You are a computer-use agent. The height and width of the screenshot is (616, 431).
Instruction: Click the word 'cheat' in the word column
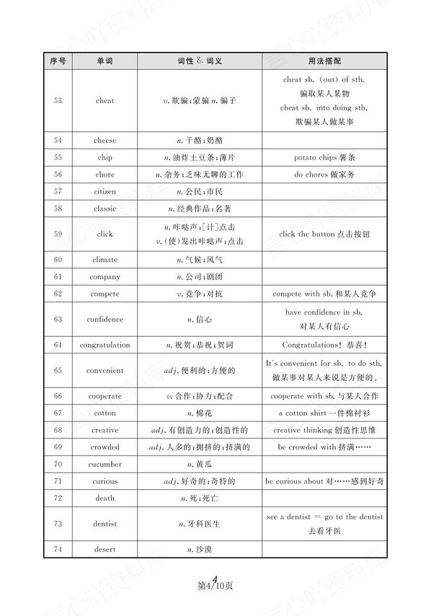click(x=105, y=101)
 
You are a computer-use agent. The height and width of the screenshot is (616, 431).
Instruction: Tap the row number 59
click(x=58, y=234)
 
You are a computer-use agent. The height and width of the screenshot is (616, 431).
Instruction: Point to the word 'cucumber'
click(x=105, y=464)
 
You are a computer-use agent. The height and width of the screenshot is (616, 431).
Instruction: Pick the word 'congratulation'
click(x=105, y=345)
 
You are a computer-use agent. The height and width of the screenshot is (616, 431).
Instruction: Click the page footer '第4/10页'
click(x=215, y=585)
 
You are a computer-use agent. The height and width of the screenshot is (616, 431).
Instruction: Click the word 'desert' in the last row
click(x=105, y=550)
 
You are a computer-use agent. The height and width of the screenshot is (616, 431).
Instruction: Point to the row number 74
click(x=58, y=550)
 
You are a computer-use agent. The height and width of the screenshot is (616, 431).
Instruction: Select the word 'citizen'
click(x=105, y=192)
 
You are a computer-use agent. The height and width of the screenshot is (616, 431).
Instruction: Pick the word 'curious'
click(x=105, y=481)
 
